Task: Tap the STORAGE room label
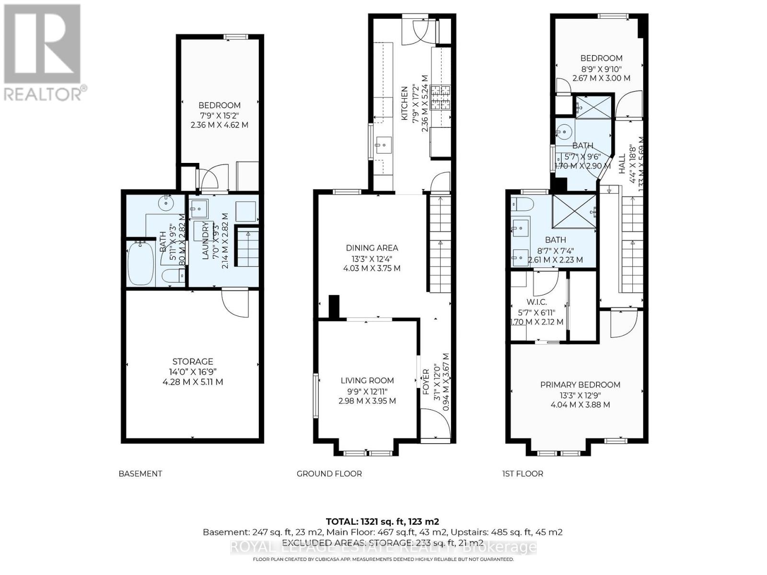[193, 362]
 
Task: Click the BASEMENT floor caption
[140, 473]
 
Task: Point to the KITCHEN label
[404, 103]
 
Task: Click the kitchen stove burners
[441, 98]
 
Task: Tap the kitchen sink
[383, 143]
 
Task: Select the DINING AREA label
[372, 248]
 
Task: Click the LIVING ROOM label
[367, 380]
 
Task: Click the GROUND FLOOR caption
[329, 473]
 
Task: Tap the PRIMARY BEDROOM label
[580, 385]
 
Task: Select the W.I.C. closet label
[537, 302]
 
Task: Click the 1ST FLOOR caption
[522, 473]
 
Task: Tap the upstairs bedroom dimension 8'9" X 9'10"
[601, 68]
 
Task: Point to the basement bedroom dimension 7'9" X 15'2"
[219, 115]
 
